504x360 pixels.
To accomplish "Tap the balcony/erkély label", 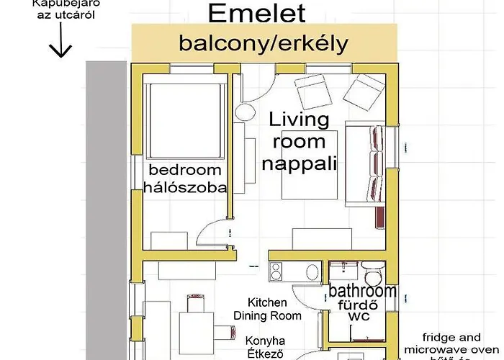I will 264,43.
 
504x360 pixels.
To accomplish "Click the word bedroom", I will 184,171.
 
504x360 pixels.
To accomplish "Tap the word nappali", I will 299,163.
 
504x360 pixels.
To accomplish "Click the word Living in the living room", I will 299,119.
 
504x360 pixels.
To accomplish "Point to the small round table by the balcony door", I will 246,113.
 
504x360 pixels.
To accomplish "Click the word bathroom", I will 363,292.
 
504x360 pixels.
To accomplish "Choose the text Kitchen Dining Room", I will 267,309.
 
